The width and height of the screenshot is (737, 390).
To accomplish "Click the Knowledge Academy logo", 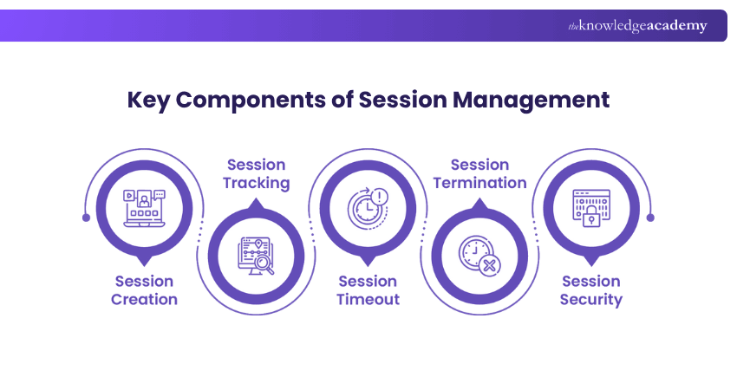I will pos(637,26).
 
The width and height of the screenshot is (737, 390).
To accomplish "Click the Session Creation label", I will pos(146,290).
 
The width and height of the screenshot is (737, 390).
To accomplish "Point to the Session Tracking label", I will pos(256,173).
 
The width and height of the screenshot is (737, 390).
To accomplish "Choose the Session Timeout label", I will pos(368,290).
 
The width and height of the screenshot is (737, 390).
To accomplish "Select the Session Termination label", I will pos(479,173).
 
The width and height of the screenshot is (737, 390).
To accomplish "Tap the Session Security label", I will pos(591,290).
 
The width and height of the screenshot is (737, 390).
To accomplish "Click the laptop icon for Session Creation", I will pos(145,209).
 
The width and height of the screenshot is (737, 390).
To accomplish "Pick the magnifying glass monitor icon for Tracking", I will pos(257,256).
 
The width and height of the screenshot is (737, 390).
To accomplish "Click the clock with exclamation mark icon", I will pos(368,209).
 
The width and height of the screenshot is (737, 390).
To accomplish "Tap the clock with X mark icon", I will pos(479,256).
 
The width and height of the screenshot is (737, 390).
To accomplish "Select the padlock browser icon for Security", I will pos(591,209).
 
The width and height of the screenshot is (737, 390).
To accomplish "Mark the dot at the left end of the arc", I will pos(86,218).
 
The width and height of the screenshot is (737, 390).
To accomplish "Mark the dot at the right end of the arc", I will pos(651,218).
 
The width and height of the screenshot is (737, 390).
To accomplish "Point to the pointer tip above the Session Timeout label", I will pos(368,262).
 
